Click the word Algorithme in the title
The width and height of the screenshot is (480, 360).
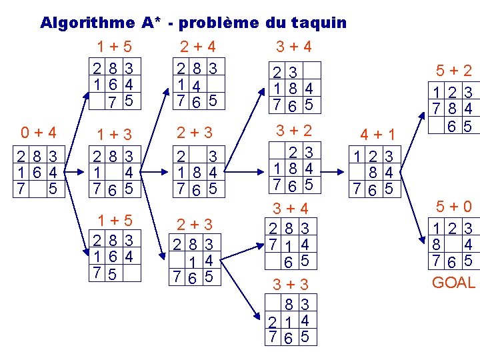pyautogui.click(x=87, y=23)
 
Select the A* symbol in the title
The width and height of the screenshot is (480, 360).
pyautogui.click(x=150, y=23)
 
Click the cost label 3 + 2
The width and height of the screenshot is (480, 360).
pyautogui.click(x=293, y=130)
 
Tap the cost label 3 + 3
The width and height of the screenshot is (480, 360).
pyautogui.click(x=293, y=285)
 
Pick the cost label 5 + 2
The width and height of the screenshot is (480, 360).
pyautogui.click(x=454, y=70)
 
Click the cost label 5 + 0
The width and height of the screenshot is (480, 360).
pyautogui.click(x=453, y=207)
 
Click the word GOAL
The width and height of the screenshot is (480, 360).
pyautogui.click(x=453, y=283)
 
